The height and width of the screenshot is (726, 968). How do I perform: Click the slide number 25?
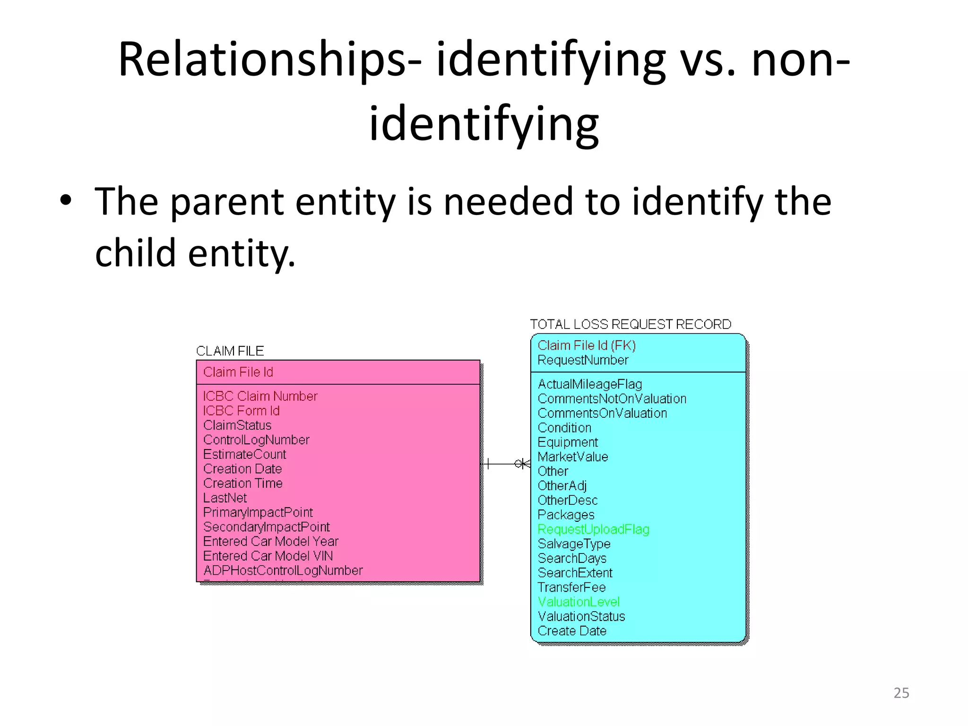point(901,692)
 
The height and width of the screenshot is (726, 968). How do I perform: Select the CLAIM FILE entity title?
point(230,351)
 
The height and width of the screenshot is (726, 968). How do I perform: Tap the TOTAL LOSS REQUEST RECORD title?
point(631,324)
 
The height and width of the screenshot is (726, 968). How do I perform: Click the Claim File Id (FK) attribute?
point(587,346)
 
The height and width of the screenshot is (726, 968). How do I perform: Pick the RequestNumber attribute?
point(583,360)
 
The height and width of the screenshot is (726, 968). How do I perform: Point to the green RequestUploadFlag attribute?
point(593,529)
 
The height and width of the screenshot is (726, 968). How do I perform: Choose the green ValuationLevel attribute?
point(579,602)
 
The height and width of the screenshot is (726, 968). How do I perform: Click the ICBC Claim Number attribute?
point(260,396)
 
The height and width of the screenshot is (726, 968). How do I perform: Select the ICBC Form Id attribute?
point(241,411)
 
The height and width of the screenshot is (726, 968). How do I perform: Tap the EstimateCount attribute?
point(244,454)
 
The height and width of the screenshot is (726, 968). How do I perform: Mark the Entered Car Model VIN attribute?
point(268,556)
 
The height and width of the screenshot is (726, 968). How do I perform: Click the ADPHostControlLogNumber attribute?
point(283,570)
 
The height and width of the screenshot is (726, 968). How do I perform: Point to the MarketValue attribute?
point(573,457)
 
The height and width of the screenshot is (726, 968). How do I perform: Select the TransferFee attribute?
point(571,588)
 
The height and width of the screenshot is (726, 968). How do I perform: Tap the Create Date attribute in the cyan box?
point(572,631)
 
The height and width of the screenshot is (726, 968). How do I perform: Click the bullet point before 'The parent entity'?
point(66,200)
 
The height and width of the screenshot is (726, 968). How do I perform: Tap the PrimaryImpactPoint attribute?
point(258,512)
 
